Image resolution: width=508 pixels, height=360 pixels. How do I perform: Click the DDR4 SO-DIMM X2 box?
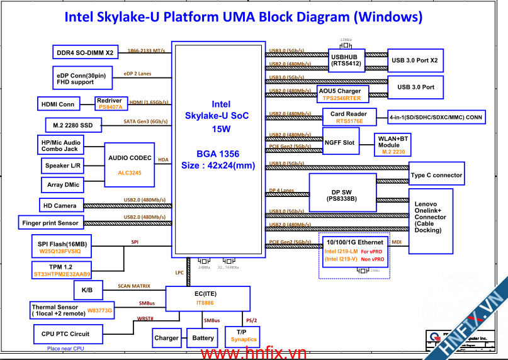pos(85,53)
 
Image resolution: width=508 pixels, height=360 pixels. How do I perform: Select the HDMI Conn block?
pos(57,104)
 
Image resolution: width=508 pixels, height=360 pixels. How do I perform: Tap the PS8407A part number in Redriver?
pos(111,108)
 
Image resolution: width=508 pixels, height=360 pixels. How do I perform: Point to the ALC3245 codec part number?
pos(130,172)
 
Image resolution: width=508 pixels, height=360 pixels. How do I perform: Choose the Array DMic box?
pos(64,185)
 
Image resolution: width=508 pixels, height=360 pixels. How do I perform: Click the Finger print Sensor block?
pos(50,223)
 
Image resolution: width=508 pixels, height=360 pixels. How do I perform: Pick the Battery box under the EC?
pos(203,338)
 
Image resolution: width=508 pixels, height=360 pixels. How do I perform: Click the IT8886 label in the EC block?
pos(206,303)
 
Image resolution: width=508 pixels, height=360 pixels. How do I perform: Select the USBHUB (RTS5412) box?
pos(346,60)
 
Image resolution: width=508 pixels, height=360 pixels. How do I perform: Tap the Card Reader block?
pos(349,118)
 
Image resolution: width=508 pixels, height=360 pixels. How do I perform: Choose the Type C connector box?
pos(436,175)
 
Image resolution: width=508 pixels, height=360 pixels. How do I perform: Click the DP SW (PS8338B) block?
pos(342,195)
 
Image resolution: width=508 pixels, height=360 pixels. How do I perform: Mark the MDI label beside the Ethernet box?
pos(397,242)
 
